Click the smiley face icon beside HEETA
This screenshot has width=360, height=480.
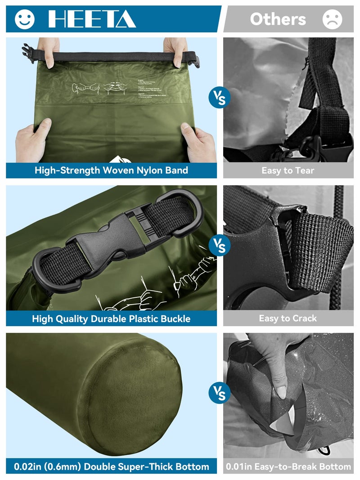24,19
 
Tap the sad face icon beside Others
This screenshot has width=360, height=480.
333,19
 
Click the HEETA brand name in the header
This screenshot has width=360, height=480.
92,19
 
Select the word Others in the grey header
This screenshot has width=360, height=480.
278,19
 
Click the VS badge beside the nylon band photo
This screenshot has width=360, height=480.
220,98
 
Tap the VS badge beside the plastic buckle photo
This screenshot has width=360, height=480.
220,246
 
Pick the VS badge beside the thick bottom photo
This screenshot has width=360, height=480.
220,393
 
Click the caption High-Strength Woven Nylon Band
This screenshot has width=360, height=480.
111,170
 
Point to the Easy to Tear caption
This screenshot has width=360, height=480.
288,170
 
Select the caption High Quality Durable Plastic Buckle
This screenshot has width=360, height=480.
111,319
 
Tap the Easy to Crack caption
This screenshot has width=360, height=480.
288,319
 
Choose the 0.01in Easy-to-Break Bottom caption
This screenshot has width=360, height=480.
288,467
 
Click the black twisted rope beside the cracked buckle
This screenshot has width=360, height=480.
338,252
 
